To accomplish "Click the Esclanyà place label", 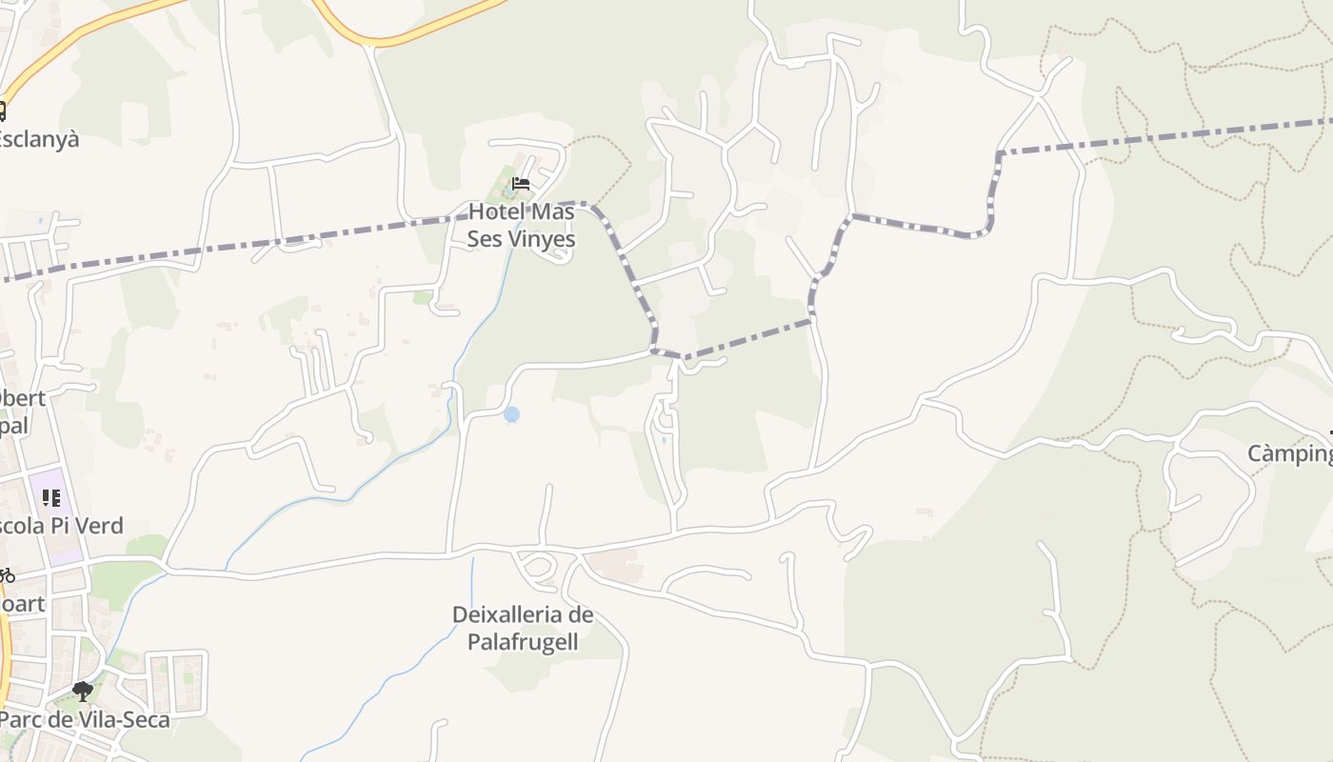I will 38,140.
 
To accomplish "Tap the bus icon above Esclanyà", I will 2,111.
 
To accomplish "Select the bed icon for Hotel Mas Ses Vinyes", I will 520,183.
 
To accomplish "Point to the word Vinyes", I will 543,239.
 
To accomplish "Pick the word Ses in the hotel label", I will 485,239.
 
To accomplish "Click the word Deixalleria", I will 523,614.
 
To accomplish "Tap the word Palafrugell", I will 523,642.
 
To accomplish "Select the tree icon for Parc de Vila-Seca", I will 83,691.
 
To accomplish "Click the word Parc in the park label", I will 21,720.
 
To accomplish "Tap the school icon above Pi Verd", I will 51,497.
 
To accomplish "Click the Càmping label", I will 1290,454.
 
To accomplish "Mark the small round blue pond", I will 511,414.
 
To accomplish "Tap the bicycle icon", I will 6,575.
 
